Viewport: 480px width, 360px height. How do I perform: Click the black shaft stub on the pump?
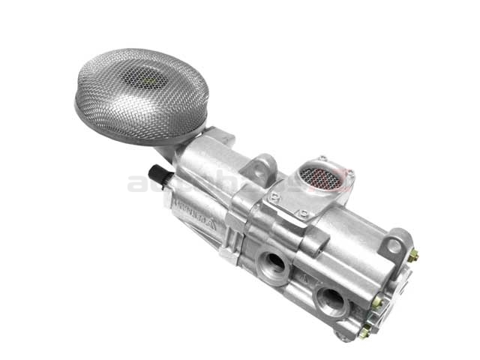(163, 176)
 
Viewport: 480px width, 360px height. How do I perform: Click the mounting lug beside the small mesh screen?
(262, 168)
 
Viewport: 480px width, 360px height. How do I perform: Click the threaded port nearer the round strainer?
(274, 262)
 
